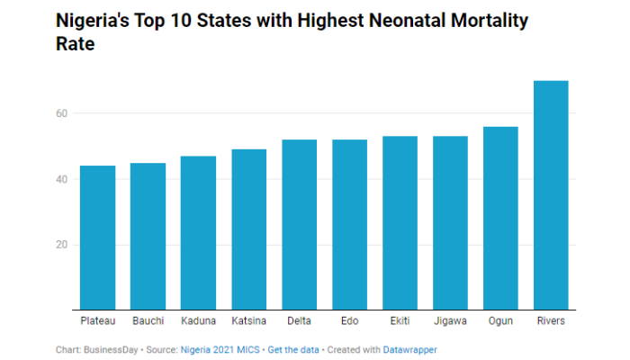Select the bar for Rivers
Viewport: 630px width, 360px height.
pyautogui.click(x=552, y=195)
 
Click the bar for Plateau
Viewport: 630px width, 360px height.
pyautogui.click(x=98, y=238)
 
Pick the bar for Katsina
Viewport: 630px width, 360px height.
pyautogui.click(x=249, y=229)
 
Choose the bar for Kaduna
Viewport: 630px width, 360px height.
pyautogui.click(x=199, y=233)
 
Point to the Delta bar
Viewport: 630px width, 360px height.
pyautogui.click(x=300, y=225)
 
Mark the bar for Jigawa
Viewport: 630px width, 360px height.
pyautogui.click(x=451, y=223)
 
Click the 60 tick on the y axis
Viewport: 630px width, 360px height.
pyautogui.click(x=62, y=113)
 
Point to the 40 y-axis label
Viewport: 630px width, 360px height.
pyautogui.click(x=62, y=179)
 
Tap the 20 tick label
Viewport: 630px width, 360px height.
pyautogui.click(x=62, y=245)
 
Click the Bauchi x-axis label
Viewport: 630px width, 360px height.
pyautogui.click(x=148, y=321)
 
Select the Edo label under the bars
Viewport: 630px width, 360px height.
pyautogui.click(x=350, y=321)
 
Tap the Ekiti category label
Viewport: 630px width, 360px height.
pyautogui.click(x=400, y=321)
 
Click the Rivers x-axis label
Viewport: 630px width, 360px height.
pyautogui.click(x=552, y=321)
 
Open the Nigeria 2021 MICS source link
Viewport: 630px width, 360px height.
pyautogui.click(x=220, y=348)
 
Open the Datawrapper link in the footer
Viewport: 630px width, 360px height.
pyautogui.click(x=412, y=348)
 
